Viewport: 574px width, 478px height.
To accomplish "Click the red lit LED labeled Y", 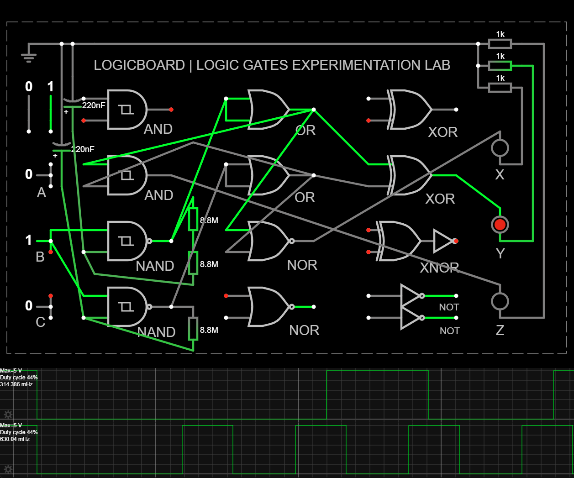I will click(x=500, y=225).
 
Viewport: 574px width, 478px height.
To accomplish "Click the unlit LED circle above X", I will click(x=500, y=147).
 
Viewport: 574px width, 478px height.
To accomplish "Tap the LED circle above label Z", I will click(x=500, y=301).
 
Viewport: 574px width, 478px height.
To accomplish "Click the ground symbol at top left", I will click(x=29, y=57).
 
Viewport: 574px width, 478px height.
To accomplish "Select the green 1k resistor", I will click(x=500, y=66).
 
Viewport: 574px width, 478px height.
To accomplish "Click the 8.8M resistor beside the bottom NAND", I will click(x=193, y=329).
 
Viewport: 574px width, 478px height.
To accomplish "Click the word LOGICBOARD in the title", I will click(x=139, y=65).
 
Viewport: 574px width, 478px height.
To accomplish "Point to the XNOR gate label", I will click(x=439, y=268).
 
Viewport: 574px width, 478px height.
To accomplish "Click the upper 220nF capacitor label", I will click(x=94, y=105).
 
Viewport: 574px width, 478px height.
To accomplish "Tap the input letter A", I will click(x=41, y=193).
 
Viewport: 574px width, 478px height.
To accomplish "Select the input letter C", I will click(x=40, y=322).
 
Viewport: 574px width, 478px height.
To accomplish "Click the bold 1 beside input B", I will click(x=29, y=240).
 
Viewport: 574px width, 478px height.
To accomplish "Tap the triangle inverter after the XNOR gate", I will click(x=442, y=241).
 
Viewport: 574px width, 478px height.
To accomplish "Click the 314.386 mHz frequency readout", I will click(x=16, y=384).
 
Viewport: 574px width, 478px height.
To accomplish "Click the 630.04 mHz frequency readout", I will click(x=15, y=439).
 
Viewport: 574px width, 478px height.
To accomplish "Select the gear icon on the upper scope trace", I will click(x=8, y=415).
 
